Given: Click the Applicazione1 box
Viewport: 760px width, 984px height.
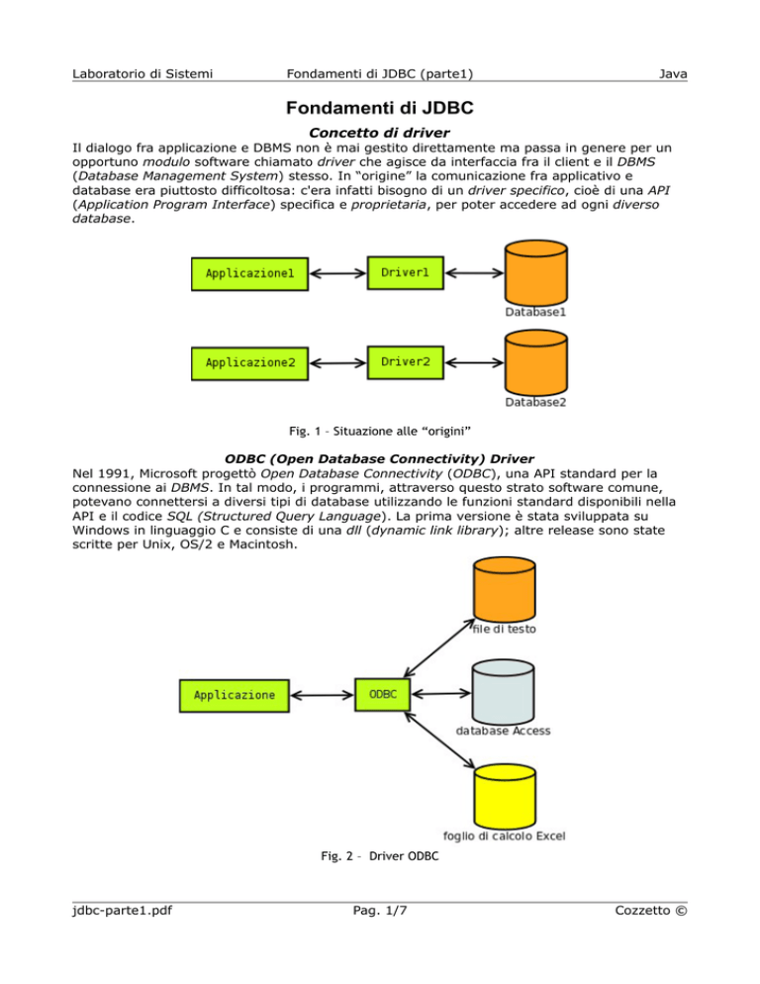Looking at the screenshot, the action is [x=249, y=273].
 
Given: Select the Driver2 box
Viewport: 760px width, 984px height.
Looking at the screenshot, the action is [x=406, y=362].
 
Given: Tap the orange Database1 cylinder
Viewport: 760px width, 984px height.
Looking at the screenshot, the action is [x=536, y=272].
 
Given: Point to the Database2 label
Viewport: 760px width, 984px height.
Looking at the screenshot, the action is [x=535, y=402].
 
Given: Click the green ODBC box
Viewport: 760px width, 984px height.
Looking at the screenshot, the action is [x=383, y=694].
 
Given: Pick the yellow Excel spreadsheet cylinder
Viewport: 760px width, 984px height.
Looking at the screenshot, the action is [x=505, y=796].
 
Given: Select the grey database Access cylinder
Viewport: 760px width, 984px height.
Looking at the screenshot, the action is [x=504, y=692].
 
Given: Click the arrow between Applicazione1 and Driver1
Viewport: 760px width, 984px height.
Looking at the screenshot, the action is [x=337, y=273].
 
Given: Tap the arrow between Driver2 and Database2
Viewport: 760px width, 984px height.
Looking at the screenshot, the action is [x=474, y=362].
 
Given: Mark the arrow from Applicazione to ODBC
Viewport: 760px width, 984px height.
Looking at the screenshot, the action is [x=322, y=695].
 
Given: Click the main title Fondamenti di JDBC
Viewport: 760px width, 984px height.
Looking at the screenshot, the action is [x=380, y=108].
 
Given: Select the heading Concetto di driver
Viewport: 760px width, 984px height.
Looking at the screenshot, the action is [x=379, y=133].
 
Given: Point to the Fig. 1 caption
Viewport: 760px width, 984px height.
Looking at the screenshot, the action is [x=380, y=432].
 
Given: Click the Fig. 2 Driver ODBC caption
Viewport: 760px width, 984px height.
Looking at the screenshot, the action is [x=380, y=856].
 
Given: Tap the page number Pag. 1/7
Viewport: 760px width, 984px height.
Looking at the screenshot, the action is [x=380, y=910].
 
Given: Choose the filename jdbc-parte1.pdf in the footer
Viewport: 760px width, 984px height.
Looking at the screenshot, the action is [x=122, y=910].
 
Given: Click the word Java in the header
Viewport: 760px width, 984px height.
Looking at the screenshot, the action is [x=673, y=74].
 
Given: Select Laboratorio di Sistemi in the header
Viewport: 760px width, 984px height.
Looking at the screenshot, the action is [x=142, y=74].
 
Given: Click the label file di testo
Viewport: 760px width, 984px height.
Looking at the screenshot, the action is [x=505, y=629].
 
